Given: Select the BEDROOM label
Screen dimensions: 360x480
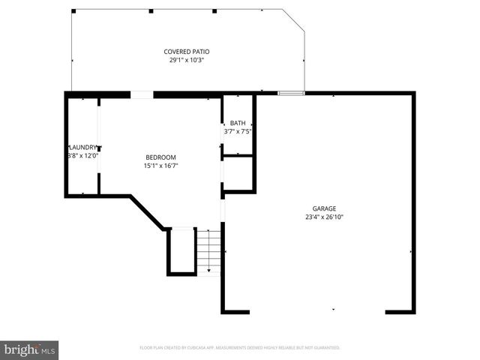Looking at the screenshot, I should pos(160,157).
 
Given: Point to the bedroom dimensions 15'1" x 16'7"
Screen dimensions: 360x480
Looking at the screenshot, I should pos(160,166).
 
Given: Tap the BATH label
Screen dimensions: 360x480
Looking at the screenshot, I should pos(238,123).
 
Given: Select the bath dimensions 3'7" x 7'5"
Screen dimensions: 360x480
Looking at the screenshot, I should pos(238,131).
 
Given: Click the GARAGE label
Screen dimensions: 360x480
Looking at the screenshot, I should pos(324,208).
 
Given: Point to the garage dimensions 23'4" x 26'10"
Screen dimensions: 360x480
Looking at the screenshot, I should pos(324,217).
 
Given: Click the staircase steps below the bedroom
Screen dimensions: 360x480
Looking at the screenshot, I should pos(209,251).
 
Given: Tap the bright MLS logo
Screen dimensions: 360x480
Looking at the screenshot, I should pos(30,349).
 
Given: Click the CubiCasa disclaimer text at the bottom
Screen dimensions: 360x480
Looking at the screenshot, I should pos(240,348).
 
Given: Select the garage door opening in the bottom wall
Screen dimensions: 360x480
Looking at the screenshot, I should pos(317,311).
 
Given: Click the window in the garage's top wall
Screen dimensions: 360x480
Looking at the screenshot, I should pos(291,94).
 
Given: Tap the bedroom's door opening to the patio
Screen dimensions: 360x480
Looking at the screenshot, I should pos(142,94).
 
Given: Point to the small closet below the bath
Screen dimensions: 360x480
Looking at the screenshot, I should pos(238,173).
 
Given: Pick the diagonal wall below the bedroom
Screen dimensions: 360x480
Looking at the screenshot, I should pos(147,212).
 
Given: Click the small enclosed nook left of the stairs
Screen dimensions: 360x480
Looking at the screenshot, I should pos(181,250).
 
